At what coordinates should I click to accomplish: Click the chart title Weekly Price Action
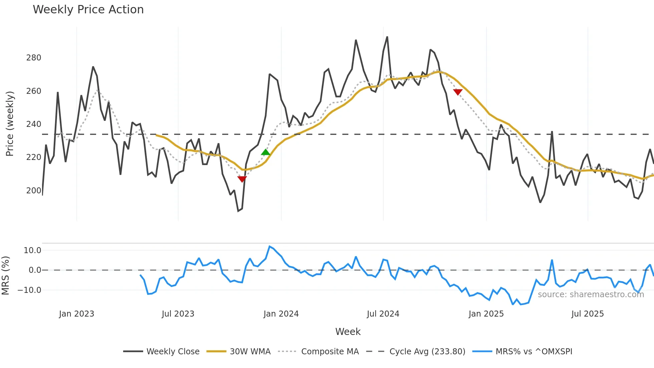[88, 10]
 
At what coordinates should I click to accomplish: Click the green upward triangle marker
[265, 152]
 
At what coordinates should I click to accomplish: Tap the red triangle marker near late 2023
[242, 179]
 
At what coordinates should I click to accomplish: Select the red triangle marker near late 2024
[458, 92]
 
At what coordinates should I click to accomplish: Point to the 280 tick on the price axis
[34, 58]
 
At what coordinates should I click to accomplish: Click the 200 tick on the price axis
[34, 190]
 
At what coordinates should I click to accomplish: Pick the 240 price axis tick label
[34, 124]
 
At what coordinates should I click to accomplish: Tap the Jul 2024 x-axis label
[383, 314]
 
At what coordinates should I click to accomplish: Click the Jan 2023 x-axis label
[76, 314]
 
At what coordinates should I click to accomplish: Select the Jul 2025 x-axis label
[587, 314]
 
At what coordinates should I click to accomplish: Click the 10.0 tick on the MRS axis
[32, 250]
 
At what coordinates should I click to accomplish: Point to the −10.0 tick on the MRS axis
[29, 290]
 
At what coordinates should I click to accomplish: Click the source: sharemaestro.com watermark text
[591, 295]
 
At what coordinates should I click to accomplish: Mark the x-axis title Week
[348, 332]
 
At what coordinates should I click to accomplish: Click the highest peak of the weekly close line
[387, 37]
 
